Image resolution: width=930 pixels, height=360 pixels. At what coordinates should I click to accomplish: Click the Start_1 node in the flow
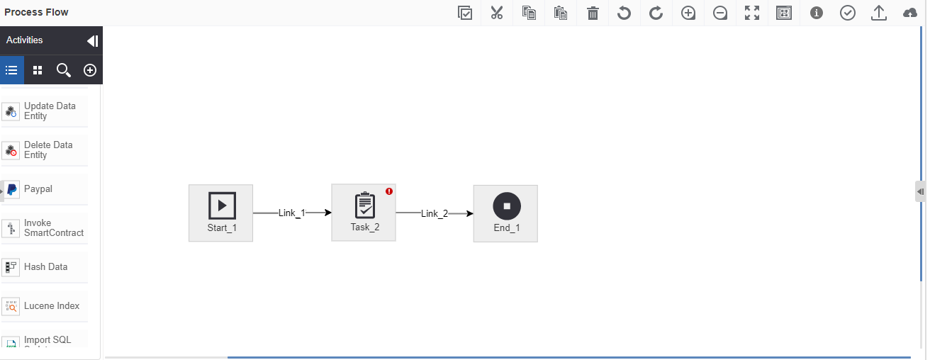pos(221,213)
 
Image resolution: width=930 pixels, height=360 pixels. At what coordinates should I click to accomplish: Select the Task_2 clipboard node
pos(364,213)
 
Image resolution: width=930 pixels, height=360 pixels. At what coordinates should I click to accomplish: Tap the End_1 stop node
pos(505,213)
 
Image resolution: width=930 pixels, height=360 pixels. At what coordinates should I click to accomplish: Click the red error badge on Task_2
pos(389,191)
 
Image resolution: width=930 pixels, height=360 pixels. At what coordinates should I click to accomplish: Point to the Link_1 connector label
pos(292,213)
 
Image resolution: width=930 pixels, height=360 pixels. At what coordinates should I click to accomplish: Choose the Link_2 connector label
pos(435,214)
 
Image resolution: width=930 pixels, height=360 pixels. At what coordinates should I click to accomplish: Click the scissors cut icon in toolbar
pos(497,13)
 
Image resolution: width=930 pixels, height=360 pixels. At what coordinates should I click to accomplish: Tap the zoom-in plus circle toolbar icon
pos(688,13)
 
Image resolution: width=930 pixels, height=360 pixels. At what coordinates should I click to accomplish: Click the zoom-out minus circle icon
pos(720,13)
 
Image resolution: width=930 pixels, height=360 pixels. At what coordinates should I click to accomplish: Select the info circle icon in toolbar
pos(817,13)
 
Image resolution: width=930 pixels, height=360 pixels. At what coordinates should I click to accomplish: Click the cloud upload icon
pos(910,13)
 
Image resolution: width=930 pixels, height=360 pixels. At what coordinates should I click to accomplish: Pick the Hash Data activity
pos(45,267)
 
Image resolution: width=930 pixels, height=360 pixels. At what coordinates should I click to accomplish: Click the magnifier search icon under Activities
pos(64,70)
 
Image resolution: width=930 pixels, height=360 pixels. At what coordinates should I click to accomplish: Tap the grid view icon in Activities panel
pos(38,70)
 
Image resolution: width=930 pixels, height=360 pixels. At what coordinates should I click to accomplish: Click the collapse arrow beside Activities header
pos(93,40)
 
